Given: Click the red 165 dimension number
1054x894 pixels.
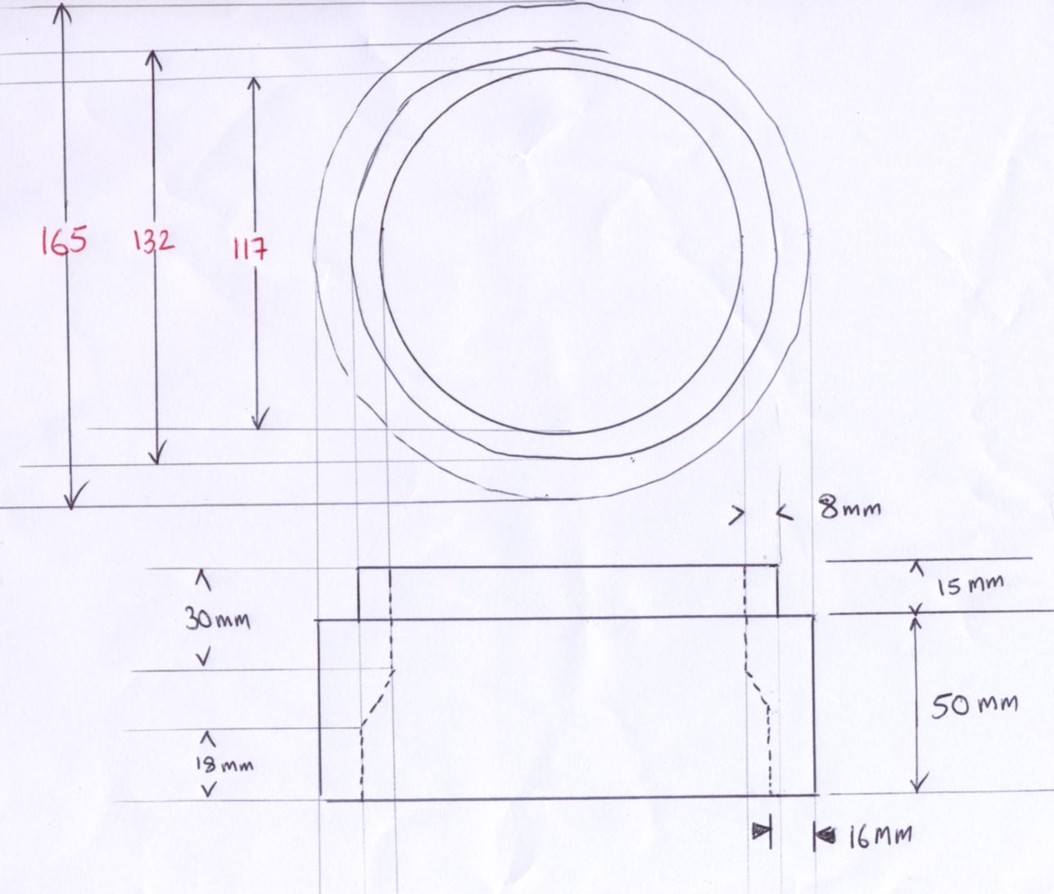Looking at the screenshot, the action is pyautogui.click(x=64, y=241).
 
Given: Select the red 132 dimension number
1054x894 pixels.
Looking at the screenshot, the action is pyautogui.click(x=153, y=241).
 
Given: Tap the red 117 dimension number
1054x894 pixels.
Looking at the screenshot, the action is pyautogui.click(x=250, y=249).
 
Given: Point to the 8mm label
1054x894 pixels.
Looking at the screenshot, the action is pyautogui.click(x=850, y=508).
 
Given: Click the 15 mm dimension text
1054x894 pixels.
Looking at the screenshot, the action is pyautogui.click(x=970, y=585).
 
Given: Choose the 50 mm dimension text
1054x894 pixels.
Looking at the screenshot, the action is pyautogui.click(x=975, y=707).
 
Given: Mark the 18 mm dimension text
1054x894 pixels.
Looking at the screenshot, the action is pyautogui.click(x=224, y=765).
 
